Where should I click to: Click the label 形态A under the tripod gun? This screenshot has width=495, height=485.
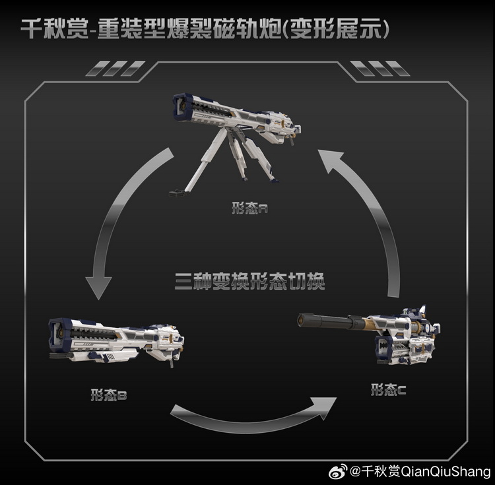coord(249,208)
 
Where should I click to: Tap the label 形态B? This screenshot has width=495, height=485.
coord(109,395)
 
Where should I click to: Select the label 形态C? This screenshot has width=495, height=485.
coord(388,390)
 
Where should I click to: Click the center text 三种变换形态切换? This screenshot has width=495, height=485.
coord(249,281)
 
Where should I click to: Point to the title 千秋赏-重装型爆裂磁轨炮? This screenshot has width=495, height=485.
coord(151,29)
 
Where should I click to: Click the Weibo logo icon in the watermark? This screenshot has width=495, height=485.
coord(338,472)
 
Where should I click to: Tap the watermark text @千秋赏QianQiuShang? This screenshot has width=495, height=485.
coord(420,472)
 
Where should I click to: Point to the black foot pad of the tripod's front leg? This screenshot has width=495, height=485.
coord(178,192)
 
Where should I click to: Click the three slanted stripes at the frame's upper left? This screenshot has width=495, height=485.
coord(115,69)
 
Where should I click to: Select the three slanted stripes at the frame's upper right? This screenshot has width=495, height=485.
coord(380,69)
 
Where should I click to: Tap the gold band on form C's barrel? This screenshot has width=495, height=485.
coord(368,324)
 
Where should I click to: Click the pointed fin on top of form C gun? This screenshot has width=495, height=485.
coord(422,309)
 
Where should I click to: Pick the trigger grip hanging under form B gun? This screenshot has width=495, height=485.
coord(172,363)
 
